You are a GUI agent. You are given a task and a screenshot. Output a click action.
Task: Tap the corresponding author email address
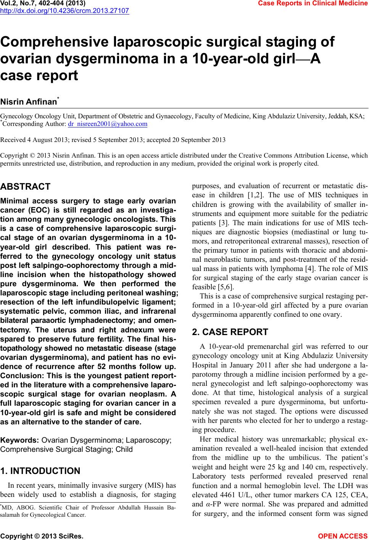pos(107,124)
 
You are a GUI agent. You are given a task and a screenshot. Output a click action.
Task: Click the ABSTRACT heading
pos(26,187)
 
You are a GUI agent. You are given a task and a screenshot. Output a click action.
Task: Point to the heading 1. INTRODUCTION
pos(40,471)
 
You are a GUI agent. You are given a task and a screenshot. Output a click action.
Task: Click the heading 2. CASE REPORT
pos(230,332)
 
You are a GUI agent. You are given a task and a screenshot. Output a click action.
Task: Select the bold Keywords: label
pos(20,440)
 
